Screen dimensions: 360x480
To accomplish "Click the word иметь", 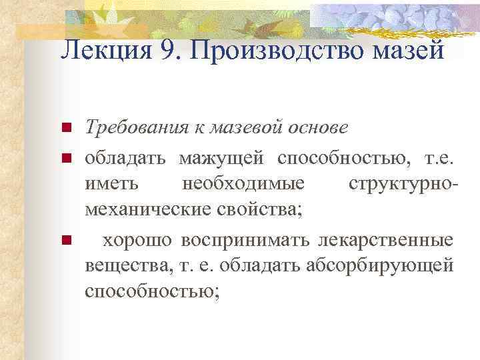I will pyautogui.click(x=107, y=183).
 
